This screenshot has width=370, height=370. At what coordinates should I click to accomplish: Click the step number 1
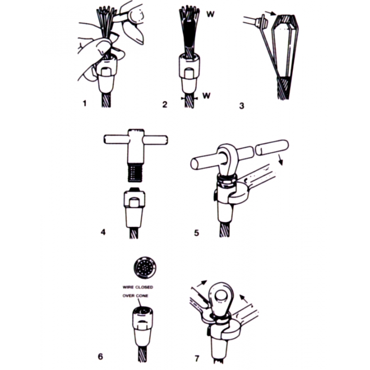click(x=85, y=103)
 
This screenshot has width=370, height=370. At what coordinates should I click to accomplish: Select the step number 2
click(x=165, y=105)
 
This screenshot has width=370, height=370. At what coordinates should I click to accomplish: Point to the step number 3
click(x=241, y=106)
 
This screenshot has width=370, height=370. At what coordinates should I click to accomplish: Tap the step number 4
click(x=103, y=232)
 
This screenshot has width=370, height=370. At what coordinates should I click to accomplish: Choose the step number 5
click(x=197, y=233)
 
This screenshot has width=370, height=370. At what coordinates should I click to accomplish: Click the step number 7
click(x=197, y=359)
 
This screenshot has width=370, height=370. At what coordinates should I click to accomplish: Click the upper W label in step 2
click(x=210, y=14)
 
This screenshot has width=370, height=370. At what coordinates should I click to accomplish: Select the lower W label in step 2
click(x=206, y=96)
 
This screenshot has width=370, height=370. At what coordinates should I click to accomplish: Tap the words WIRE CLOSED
click(x=138, y=287)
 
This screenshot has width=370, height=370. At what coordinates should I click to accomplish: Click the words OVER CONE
click(x=135, y=296)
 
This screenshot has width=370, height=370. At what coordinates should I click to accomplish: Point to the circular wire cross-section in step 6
click(x=145, y=268)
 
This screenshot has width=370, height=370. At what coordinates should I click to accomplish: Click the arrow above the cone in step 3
click(x=270, y=13)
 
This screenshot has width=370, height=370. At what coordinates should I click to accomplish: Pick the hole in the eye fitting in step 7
click(x=221, y=296)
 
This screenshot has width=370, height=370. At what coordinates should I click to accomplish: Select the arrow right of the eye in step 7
click(x=244, y=298)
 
